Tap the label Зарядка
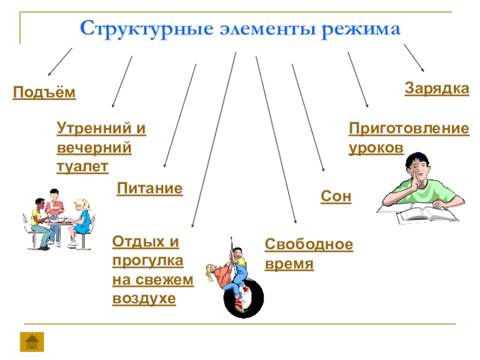click(436, 88)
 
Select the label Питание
click(149, 188)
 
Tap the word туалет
click(82, 167)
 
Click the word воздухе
click(144, 298)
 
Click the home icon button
click(31, 341)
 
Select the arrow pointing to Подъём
click(60, 61)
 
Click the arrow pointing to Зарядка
click(414, 58)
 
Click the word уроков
click(376, 148)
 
